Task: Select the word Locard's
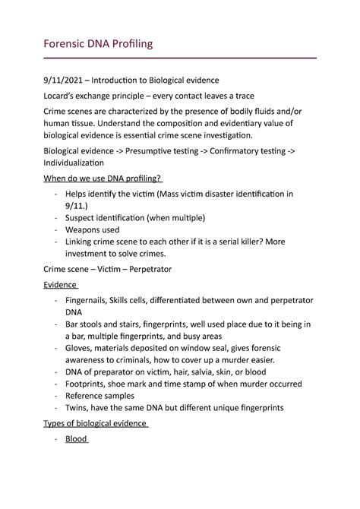click(x=62, y=97)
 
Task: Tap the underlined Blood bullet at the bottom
click(x=77, y=439)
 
